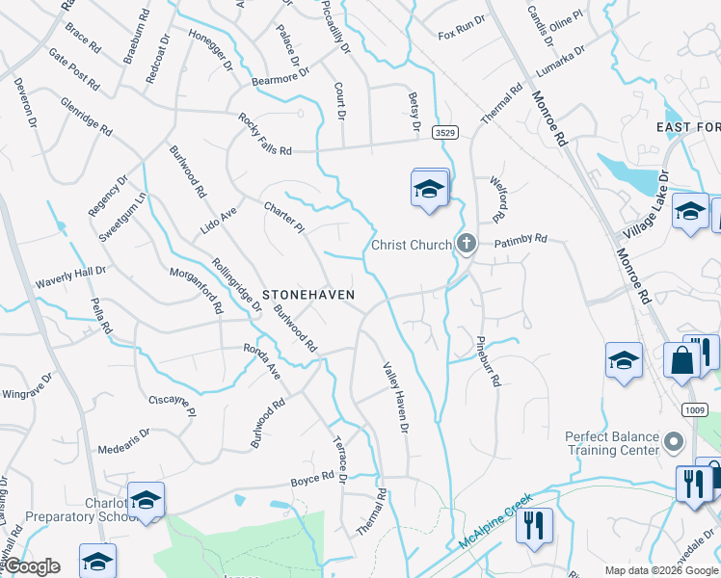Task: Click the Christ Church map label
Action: coord(412,245)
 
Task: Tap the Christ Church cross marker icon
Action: coord(467,244)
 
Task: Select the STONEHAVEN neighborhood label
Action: coord(308,294)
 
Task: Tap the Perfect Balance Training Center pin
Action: coord(674,441)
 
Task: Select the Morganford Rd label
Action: coord(198,291)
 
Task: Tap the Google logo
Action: coord(32,566)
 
